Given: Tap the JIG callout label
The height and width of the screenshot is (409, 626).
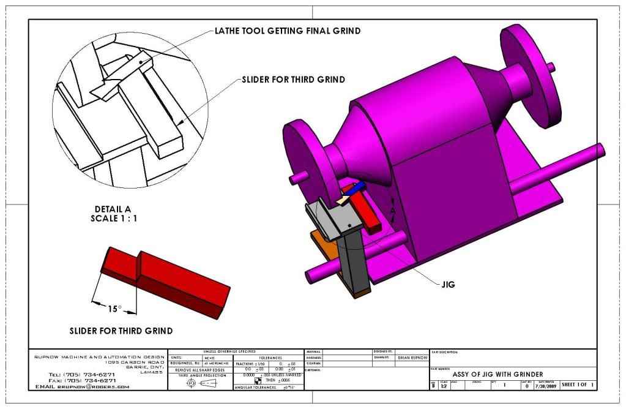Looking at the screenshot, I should click(x=449, y=284).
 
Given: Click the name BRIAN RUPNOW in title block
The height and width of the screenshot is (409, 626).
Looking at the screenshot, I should click(x=413, y=356).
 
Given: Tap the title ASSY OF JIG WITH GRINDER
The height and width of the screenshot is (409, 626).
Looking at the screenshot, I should click(x=497, y=374).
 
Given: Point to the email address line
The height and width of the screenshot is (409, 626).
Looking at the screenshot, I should click(x=82, y=387).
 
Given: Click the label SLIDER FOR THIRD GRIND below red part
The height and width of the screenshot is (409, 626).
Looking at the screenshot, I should click(x=121, y=331).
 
